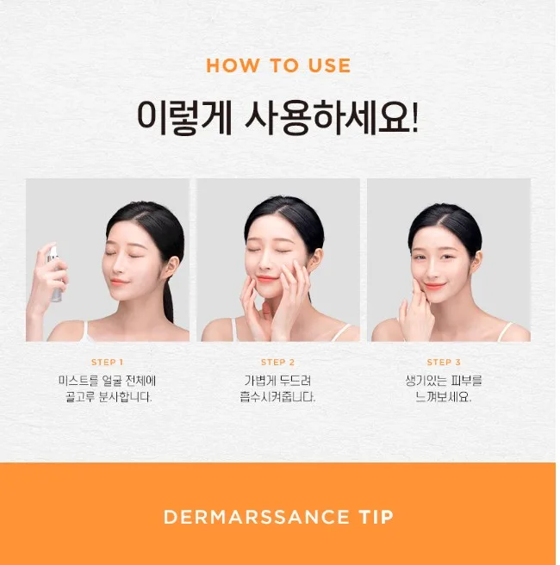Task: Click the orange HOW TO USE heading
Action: click(x=278, y=65)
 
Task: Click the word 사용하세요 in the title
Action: click(x=333, y=117)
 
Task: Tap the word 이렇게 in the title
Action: click(x=184, y=117)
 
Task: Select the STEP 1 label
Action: click(x=107, y=362)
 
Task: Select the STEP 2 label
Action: click(x=277, y=362)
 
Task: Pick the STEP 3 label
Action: click(x=444, y=362)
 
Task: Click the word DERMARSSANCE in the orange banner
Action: click(x=256, y=517)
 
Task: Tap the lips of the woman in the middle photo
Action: click(x=265, y=278)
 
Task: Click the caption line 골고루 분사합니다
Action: click(x=109, y=397)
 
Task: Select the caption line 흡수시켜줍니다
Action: click(x=277, y=397)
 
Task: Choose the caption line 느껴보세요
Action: click(x=443, y=397)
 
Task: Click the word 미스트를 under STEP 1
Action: click(x=78, y=381)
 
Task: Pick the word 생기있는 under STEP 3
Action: click(x=426, y=381)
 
